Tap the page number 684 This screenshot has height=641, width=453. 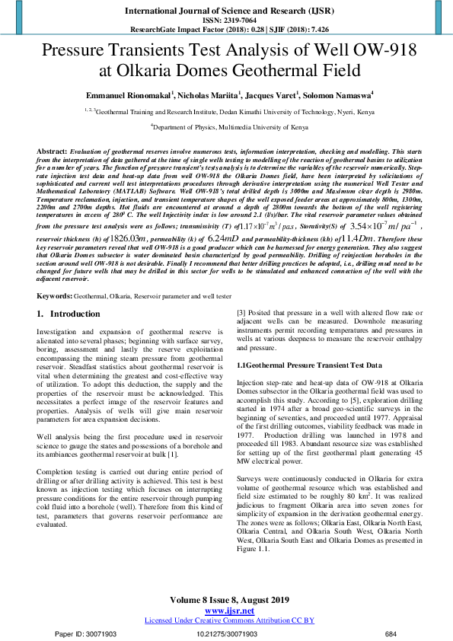point(391,633)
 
